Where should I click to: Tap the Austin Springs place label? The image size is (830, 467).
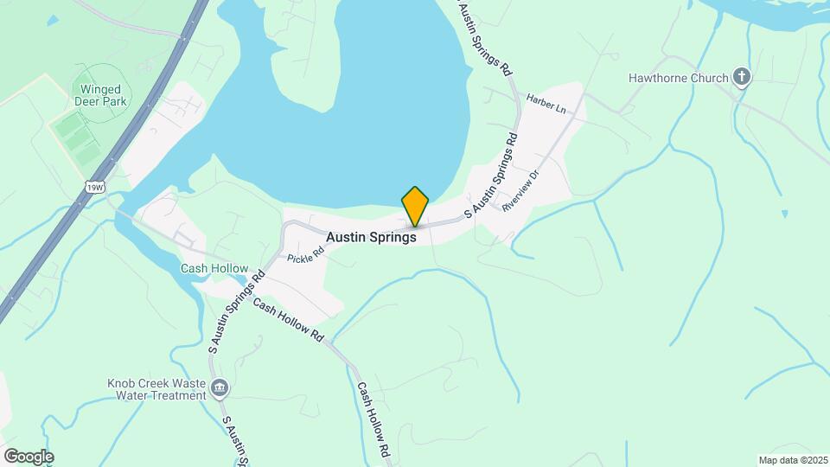pyautogui.click(x=372, y=237)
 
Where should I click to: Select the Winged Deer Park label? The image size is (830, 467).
pyautogui.click(x=104, y=95)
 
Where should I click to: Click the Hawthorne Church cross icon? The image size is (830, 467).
pyautogui.click(x=740, y=79)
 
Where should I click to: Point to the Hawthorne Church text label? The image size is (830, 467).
pyautogui.click(x=679, y=79)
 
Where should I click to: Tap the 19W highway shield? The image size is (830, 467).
pyautogui.click(x=93, y=185)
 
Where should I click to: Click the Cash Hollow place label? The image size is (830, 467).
pyautogui.click(x=214, y=269)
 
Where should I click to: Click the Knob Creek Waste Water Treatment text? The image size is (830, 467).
pyautogui.click(x=156, y=389)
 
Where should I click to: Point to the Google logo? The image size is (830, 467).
pyautogui.click(x=29, y=456)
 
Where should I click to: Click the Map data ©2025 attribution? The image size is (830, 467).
pyautogui.click(x=792, y=460)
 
